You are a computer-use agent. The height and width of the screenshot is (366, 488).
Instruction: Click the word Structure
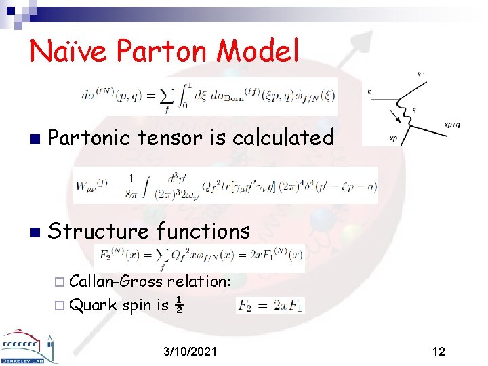[98, 231]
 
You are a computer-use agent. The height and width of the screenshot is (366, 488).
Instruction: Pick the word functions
[203, 231]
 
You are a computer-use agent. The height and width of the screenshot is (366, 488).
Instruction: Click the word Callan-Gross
[117, 281]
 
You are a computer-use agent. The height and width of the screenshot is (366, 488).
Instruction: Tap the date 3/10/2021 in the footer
[191, 352]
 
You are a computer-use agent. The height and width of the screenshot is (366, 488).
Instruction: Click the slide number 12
[439, 352]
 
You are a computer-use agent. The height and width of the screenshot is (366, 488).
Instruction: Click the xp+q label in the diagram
[452, 125]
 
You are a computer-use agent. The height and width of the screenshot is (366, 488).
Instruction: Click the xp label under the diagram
[392, 138]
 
